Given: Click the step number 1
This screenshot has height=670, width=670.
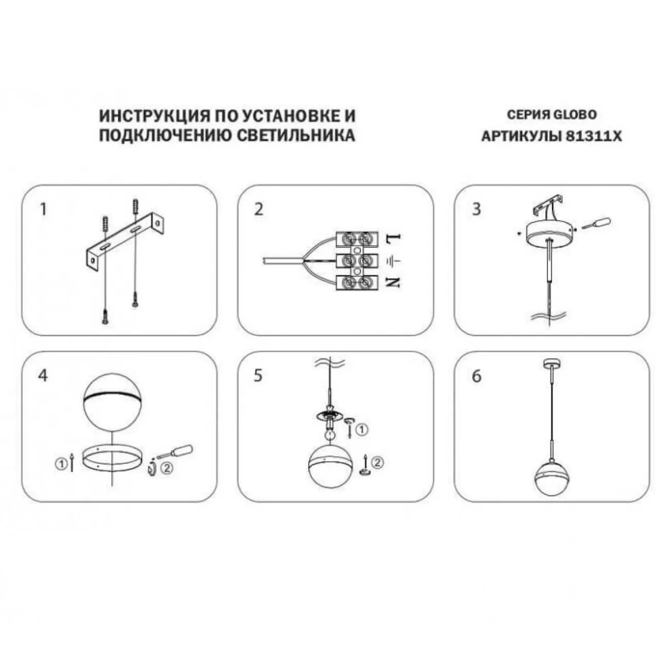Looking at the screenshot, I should point(43,209).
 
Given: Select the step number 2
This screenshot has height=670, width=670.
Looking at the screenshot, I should point(259,209).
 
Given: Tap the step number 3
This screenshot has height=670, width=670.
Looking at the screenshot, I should point(476,209).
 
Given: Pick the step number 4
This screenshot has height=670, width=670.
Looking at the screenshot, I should point(43,376).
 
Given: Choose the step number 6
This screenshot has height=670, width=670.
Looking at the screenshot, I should point(476,376).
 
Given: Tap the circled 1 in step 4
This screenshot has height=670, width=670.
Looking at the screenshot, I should point(61,464).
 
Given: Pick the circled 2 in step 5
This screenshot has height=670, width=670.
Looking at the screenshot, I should point(377,462).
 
